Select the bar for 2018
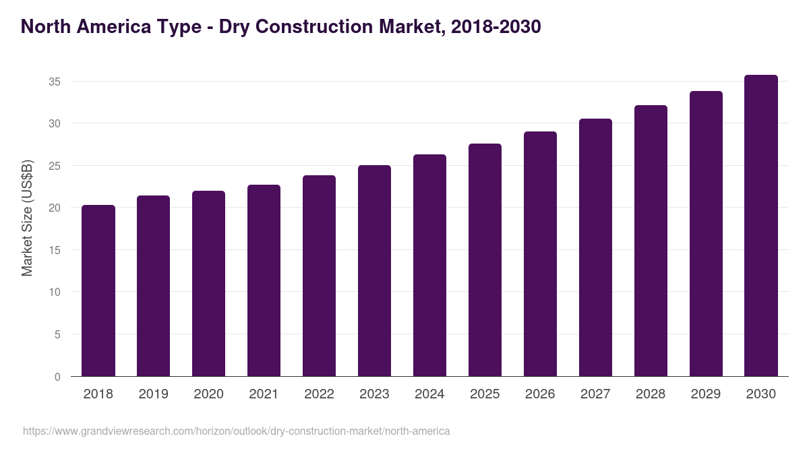[98, 291]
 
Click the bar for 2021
[264, 280]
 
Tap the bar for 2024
[429, 266]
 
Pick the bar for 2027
[595, 247]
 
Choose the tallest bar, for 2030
[761, 226]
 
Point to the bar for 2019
[153, 286]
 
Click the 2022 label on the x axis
[319, 394]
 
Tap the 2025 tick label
[485, 394]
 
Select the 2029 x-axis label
[706, 394]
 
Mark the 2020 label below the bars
[208, 394]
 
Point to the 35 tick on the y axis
[55, 82]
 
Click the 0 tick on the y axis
[58, 377]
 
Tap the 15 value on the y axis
[55, 250]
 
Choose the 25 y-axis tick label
[55, 166]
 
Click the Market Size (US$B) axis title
[27, 217]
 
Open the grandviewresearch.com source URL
[236, 431]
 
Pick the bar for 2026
[540, 253]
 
